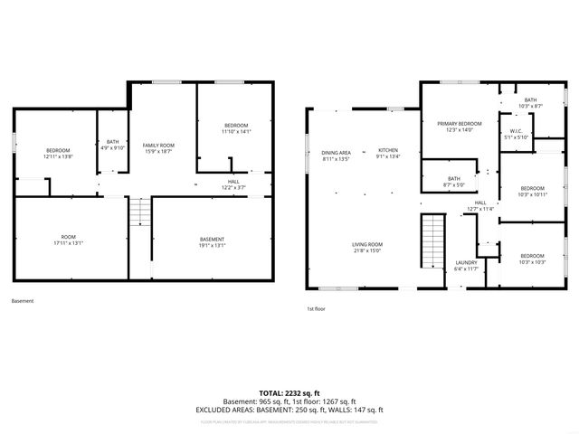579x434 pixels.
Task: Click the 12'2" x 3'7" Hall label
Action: pyautogui.click(x=233, y=184)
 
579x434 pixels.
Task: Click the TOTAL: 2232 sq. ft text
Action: pyautogui.click(x=289, y=393)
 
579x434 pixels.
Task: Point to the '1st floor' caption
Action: pyautogui.click(x=317, y=308)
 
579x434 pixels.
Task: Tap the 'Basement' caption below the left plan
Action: pyautogui.click(x=23, y=301)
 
